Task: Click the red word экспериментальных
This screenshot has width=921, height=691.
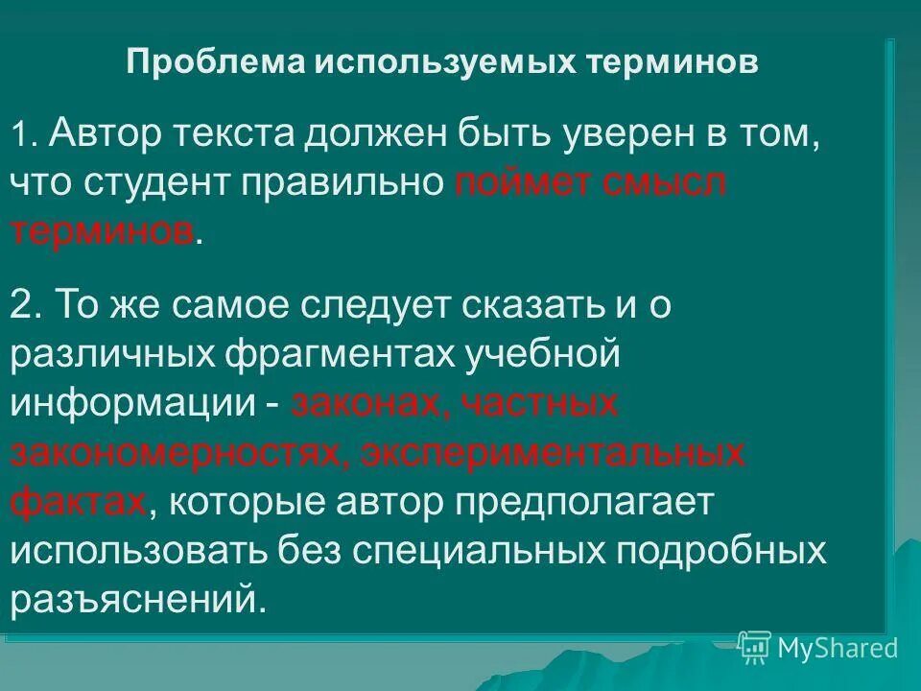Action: [x=554, y=452]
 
